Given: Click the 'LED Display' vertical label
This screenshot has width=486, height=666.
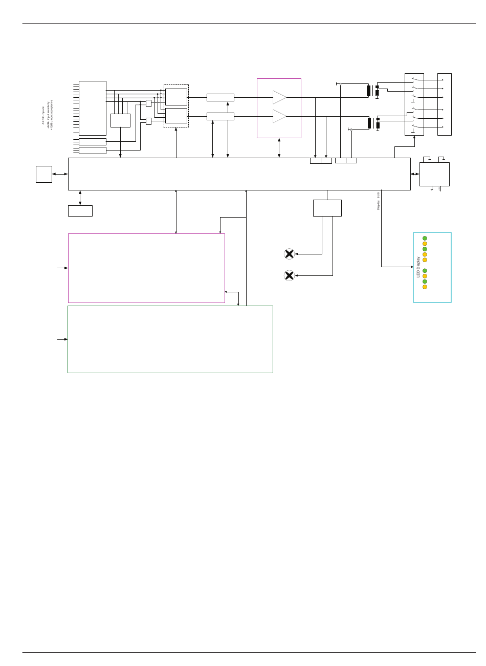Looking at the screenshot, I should click(418, 267).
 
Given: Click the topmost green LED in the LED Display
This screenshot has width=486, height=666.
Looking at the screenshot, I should click(425, 238).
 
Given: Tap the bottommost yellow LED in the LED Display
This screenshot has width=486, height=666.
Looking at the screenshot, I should click(425, 287).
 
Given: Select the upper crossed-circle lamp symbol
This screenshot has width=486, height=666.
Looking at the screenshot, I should click(289, 254).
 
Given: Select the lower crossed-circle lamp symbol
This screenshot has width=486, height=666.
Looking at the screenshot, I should click(289, 275).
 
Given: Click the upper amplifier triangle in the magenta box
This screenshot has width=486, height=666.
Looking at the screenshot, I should click(279, 97).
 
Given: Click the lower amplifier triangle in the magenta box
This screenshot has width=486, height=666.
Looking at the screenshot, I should click(279, 116).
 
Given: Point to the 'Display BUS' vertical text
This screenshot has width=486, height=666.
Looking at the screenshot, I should click(379, 201).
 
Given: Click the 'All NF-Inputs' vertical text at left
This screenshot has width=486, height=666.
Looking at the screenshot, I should click(43, 115).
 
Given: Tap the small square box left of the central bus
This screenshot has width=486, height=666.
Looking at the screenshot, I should click(44, 174).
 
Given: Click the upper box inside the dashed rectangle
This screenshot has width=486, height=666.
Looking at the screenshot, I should click(176, 97).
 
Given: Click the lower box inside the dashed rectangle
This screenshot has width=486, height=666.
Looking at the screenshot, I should click(176, 116).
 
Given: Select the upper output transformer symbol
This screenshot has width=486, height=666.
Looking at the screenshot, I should click(372, 91).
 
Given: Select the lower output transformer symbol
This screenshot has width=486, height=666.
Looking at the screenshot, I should click(373, 123).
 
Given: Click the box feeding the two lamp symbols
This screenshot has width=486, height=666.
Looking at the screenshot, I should click(327, 208).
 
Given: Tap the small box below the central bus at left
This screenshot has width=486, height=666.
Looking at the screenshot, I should click(80, 211).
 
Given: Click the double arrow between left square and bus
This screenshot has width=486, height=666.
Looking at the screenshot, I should click(60, 174).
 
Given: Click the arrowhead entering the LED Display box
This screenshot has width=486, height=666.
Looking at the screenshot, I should click(412, 267).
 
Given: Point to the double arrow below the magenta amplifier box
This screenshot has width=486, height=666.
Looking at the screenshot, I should click(279, 148).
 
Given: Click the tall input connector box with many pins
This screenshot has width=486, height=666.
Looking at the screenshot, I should click(93, 108).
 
